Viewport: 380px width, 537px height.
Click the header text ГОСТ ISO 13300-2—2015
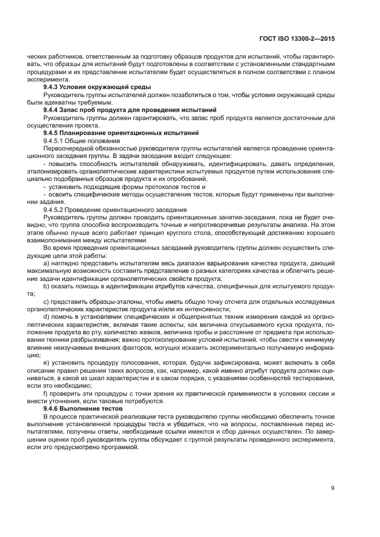pos(297,38)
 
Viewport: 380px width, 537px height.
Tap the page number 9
pos(333,488)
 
